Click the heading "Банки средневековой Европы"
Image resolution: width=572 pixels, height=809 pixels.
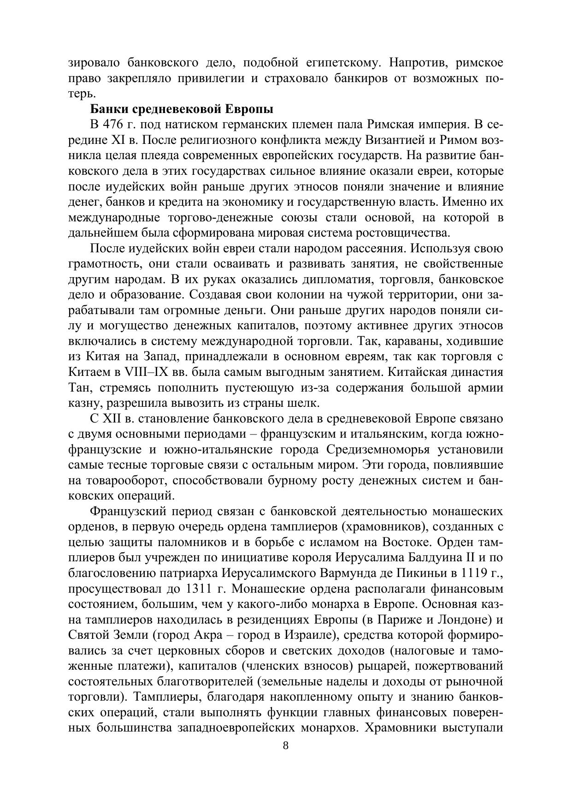click(182, 109)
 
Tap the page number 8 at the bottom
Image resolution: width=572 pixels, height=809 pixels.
click(286, 746)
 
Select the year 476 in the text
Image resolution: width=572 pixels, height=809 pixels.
click(112, 125)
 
